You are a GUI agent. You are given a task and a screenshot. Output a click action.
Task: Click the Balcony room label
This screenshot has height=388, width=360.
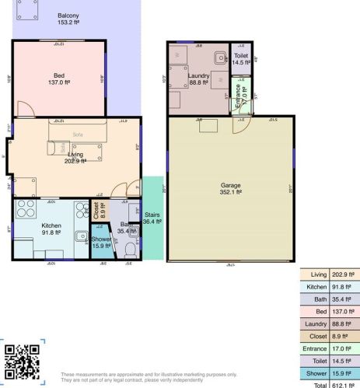pyautogui.click(x=69, y=15)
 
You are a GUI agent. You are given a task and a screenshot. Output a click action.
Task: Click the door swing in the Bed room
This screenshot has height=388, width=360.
pyautogui.click(x=24, y=110)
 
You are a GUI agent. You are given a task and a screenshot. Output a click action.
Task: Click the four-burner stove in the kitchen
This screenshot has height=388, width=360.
pyautogui.click(x=26, y=209)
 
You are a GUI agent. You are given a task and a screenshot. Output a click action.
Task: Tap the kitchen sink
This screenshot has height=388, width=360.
pyautogui.click(x=81, y=236)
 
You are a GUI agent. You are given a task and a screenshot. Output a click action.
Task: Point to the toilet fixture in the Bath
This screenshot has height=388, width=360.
pyautogui.click(x=130, y=249)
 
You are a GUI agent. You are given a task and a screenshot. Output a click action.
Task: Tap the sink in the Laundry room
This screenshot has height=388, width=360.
pyautogui.click(x=220, y=56)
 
